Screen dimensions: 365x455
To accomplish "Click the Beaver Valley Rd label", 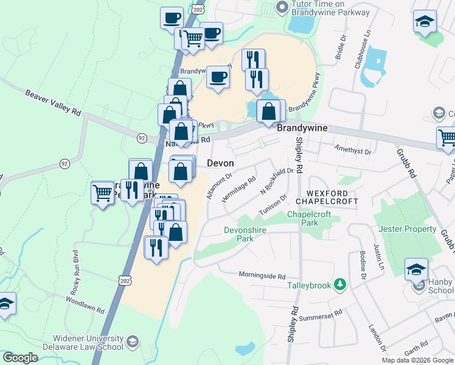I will (53, 103).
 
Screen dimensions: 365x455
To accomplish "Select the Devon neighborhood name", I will (220, 163).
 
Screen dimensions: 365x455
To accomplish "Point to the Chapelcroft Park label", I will (302, 218).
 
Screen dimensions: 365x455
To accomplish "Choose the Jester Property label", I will (407, 229).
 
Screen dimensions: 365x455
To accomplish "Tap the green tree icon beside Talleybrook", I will (341, 285).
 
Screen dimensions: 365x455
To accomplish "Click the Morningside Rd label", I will (262, 276).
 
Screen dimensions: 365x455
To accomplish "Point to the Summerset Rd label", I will (321, 317).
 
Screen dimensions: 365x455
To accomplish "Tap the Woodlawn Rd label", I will (85, 304).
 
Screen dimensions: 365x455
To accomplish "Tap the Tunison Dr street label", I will (273, 204).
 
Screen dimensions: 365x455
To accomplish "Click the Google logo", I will (19, 358).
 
